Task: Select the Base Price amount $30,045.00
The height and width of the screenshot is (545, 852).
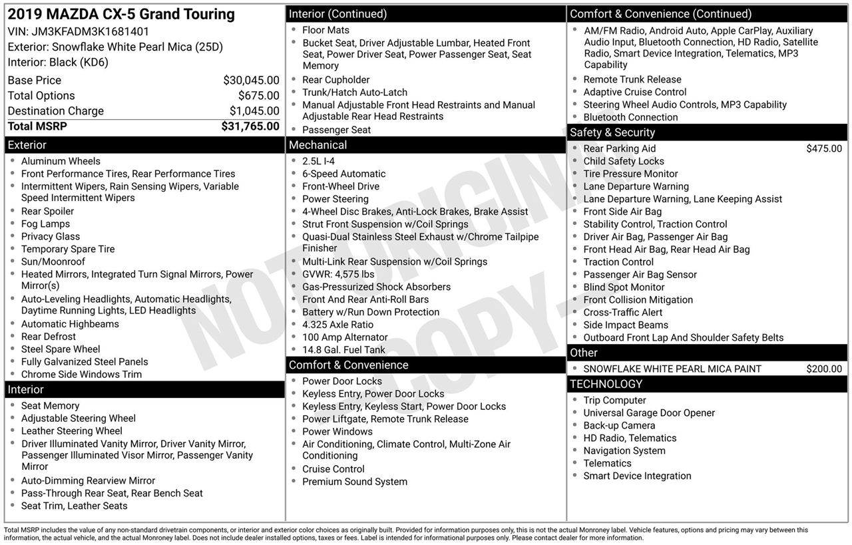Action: [x=251, y=81]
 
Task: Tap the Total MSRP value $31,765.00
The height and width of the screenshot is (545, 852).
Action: [x=250, y=126]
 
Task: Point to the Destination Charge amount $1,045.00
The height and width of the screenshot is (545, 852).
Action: [x=254, y=111]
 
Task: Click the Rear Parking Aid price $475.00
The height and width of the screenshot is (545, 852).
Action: [x=823, y=149]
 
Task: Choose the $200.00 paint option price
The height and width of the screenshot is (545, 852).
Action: [x=823, y=369]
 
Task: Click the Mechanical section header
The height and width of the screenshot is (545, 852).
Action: [x=318, y=145]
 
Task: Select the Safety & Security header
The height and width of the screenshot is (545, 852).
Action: [x=612, y=132]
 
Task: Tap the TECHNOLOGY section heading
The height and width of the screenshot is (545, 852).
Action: [x=606, y=384]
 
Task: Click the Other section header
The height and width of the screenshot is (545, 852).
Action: [x=584, y=353]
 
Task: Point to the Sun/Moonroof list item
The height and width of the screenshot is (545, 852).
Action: [x=53, y=262]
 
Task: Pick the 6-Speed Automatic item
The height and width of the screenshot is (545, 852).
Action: [x=343, y=174]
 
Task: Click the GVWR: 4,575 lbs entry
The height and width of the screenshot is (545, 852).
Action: [x=338, y=274]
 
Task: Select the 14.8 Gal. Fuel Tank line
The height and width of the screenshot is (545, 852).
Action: [x=343, y=350]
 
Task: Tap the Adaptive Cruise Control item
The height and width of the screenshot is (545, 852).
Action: [x=634, y=92]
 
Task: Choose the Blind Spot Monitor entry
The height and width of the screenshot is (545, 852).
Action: [x=624, y=287]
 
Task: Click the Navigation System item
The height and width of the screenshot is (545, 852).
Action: [x=624, y=451]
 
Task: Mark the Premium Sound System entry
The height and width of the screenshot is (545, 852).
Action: [x=355, y=482]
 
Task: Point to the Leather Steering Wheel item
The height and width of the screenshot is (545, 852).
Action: [x=72, y=431]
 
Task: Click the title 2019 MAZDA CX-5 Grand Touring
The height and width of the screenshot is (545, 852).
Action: [x=121, y=14]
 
